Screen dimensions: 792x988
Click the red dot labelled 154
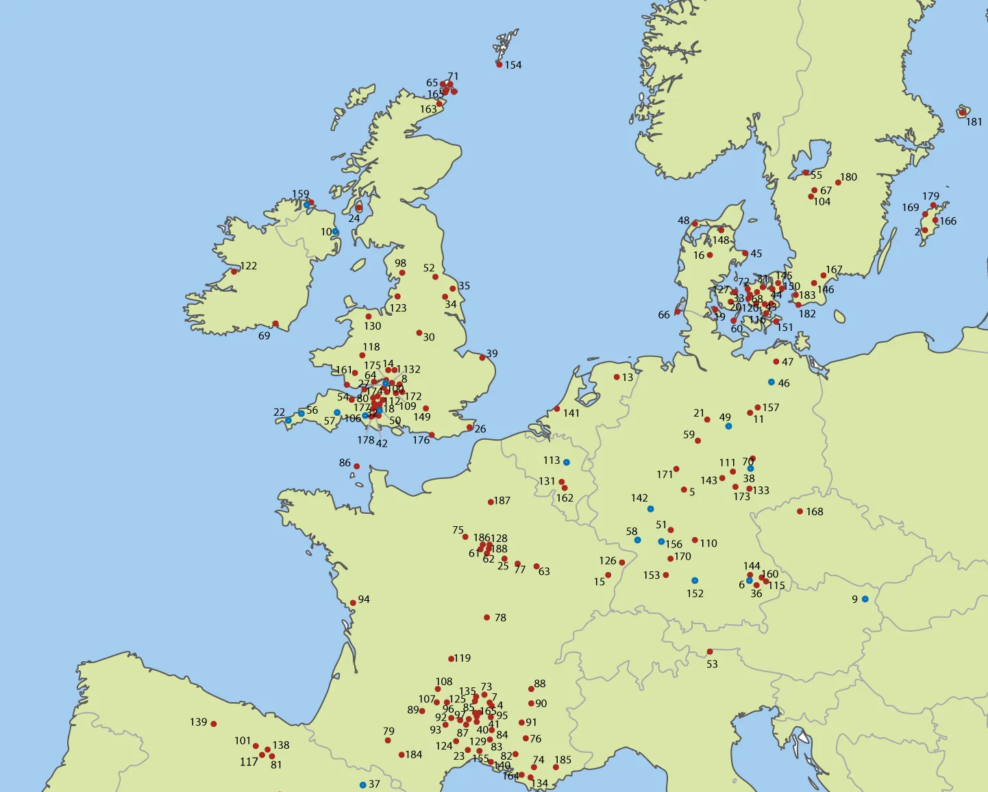499,64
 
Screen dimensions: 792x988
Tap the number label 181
974,122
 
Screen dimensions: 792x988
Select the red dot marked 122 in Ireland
234,271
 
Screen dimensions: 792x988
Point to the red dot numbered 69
275,323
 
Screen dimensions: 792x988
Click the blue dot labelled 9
865,599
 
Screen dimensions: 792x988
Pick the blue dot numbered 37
362,784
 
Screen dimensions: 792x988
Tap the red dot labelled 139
214,723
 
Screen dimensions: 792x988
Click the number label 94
364,599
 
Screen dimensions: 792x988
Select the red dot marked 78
486,617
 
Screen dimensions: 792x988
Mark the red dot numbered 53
710,652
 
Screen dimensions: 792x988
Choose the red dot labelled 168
800,511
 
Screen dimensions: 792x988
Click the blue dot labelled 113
566,462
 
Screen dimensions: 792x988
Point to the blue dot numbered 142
650,508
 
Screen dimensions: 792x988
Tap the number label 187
502,501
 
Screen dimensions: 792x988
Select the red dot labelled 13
617,377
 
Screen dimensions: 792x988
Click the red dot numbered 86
356,466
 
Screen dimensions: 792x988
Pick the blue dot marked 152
695,580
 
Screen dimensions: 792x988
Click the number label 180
849,177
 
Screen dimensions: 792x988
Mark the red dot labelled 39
482,356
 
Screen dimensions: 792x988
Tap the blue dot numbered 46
771,382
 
